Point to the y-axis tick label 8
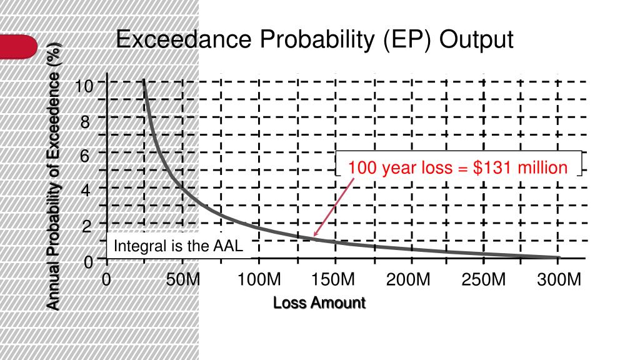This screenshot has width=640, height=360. click(x=85, y=122)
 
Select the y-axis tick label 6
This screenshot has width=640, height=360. click(x=85, y=156)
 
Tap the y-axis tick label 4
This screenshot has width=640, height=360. click(x=85, y=191)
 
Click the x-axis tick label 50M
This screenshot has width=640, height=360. click(x=184, y=279)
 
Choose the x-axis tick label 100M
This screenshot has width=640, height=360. click(x=259, y=279)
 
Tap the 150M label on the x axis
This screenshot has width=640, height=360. click(x=334, y=279)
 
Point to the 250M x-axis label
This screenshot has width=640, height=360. click(x=484, y=279)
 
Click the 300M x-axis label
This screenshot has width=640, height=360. click(x=559, y=279)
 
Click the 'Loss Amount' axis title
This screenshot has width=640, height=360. click(x=319, y=303)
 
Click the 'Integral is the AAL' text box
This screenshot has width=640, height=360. click(x=179, y=246)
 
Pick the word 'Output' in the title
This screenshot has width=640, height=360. click(x=476, y=40)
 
